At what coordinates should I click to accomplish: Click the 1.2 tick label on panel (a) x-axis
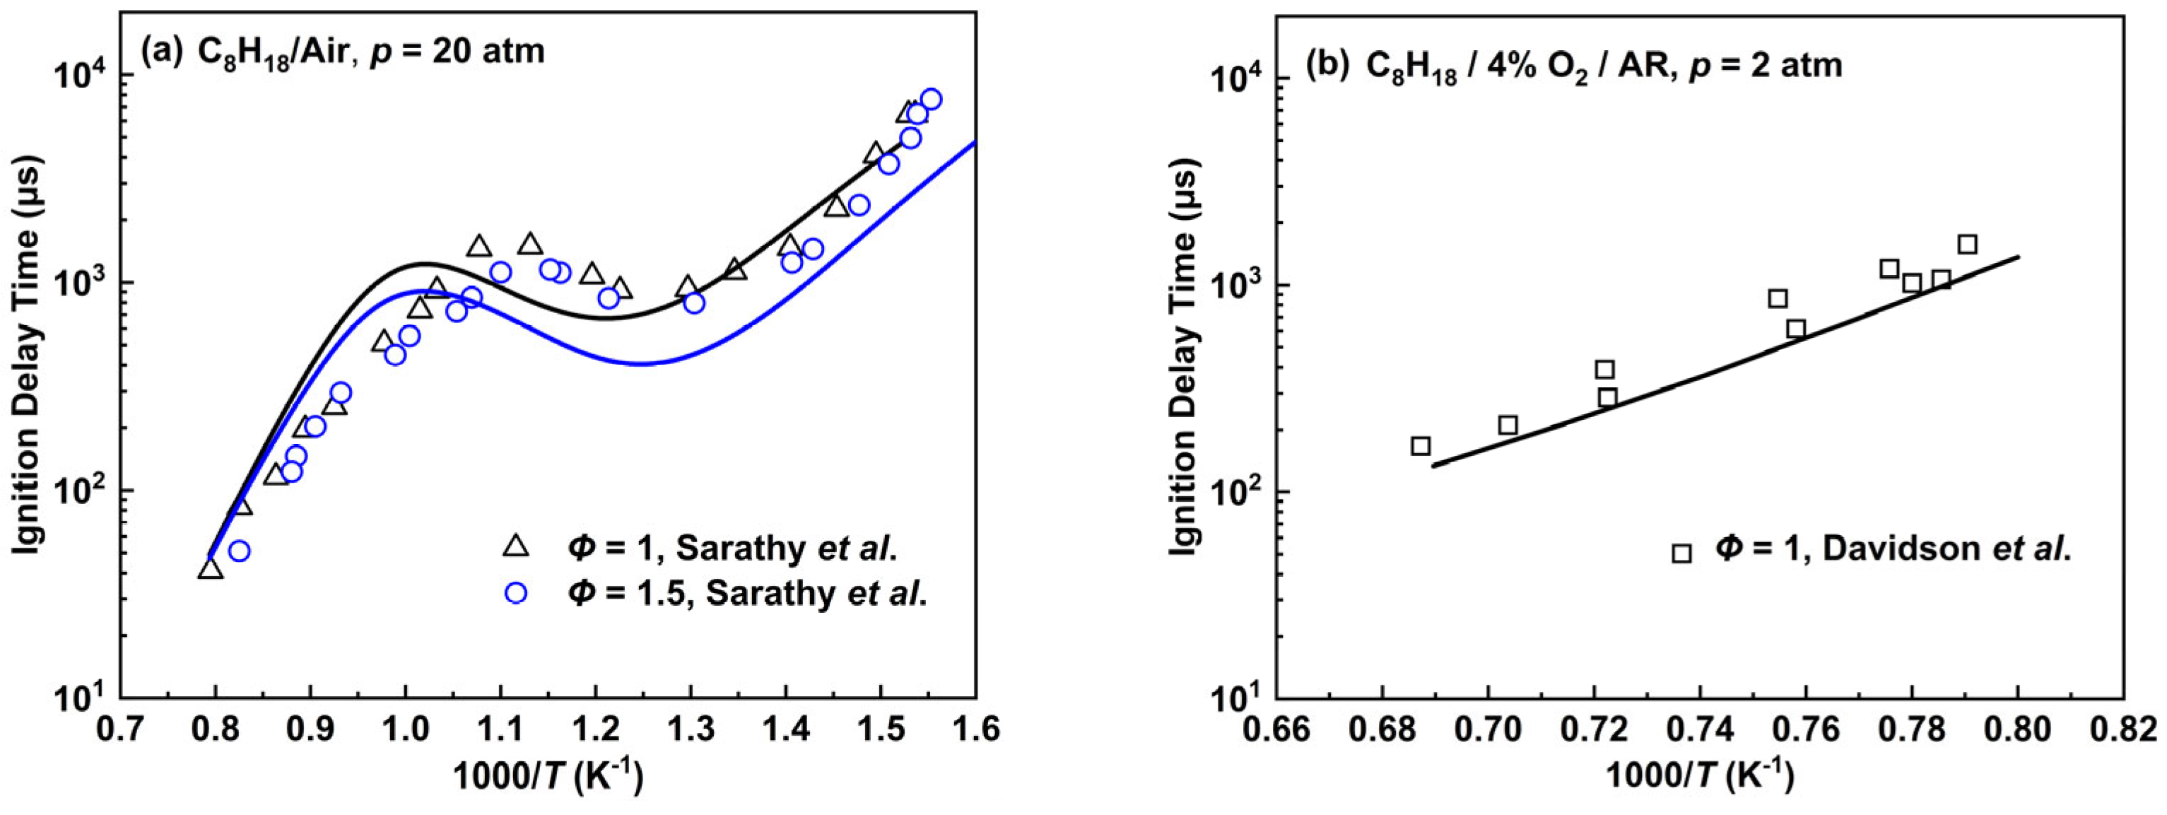[594, 727]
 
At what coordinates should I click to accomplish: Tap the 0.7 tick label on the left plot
[120, 727]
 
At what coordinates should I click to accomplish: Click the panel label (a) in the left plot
[160, 52]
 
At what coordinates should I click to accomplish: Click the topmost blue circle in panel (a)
[930, 98]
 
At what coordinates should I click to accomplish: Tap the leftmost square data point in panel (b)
[1421, 446]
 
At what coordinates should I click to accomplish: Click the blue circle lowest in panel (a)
[239, 551]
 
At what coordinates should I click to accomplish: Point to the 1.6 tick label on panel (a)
[976, 727]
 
